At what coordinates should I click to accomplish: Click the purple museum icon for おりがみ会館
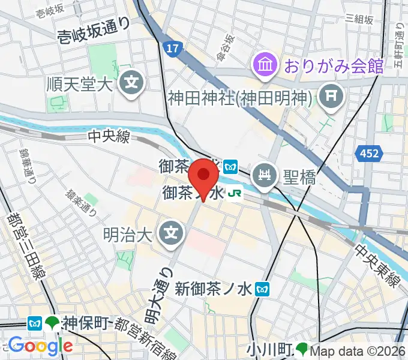coord(264,63)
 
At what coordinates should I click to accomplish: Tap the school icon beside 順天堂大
coord(130,83)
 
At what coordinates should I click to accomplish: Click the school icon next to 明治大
coord(172,229)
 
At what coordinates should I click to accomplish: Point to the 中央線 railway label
coord(107,137)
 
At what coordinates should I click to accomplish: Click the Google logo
coord(40,346)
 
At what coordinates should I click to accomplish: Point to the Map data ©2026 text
coord(358,350)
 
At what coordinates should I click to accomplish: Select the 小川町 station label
coord(270,349)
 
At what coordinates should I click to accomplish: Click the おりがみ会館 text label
coord(334,65)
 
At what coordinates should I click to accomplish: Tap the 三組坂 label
coord(359,20)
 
